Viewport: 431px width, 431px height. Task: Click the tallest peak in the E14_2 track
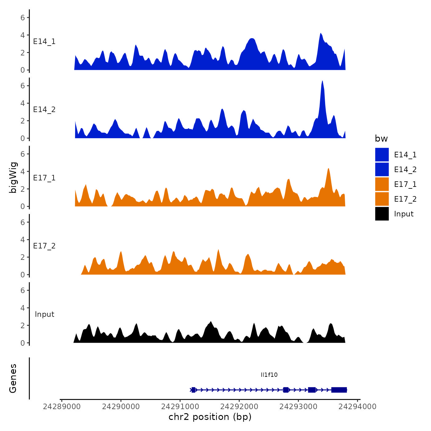point(322,81)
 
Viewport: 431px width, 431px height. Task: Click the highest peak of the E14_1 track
point(320,34)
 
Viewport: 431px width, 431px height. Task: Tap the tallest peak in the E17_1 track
point(328,169)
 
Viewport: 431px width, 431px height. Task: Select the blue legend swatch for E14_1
point(382,155)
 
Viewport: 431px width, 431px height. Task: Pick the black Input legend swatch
point(382,214)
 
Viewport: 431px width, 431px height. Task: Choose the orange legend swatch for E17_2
point(382,199)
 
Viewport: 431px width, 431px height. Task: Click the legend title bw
point(381,139)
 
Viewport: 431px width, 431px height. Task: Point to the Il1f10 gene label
point(269,375)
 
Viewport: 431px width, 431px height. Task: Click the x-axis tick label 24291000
point(180,406)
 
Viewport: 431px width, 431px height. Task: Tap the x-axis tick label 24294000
point(357,406)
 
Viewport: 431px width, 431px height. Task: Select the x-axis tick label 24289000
point(62,406)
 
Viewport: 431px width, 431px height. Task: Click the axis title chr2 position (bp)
point(210,417)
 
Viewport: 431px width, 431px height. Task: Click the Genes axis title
point(13,378)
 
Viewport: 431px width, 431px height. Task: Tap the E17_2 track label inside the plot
point(44,246)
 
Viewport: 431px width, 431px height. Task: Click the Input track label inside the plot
point(44,314)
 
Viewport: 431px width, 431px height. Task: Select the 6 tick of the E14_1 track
point(23,18)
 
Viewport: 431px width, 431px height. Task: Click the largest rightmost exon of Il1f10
point(339,390)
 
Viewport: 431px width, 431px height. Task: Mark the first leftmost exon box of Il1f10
point(193,390)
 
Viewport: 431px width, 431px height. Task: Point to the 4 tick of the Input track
point(23,308)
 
